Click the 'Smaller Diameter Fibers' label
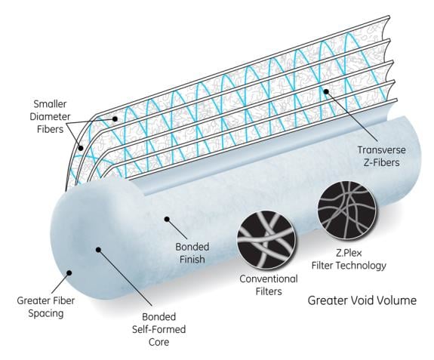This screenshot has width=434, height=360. [50, 116]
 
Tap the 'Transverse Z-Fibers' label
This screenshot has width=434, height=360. [381, 156]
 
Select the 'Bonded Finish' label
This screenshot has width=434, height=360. [192, 253]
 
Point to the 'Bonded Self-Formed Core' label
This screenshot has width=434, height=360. [159, 329]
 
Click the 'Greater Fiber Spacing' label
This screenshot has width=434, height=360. [46, 307]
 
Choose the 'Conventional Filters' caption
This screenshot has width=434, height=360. [269, 285]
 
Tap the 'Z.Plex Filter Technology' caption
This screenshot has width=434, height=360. [349, 260]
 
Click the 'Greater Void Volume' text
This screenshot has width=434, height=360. [362, 300]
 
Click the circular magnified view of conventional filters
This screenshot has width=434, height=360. [266, 240]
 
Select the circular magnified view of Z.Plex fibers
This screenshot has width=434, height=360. [346, 208]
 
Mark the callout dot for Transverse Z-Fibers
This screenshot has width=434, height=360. [326, 91]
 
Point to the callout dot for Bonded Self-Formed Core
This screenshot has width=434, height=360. [98, 250]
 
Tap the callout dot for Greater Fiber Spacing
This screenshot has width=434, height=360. [69, 273]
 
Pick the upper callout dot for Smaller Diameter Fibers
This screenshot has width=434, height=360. [115, 119]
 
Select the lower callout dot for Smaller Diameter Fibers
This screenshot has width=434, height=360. [81, 149]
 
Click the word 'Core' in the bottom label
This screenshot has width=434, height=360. [159, 342]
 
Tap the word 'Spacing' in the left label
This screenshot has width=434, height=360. [46, 314]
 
